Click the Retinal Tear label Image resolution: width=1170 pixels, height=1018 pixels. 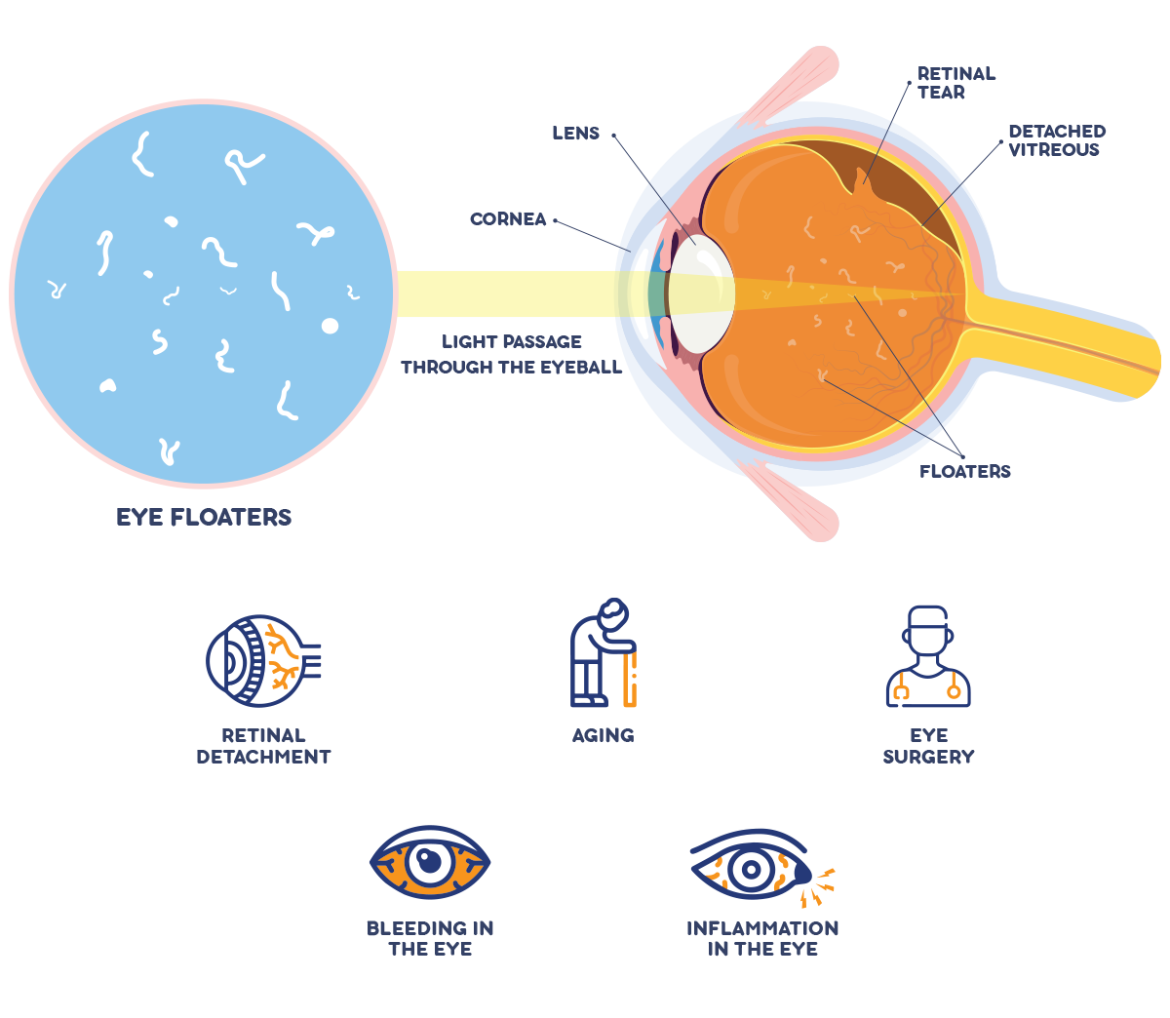955,83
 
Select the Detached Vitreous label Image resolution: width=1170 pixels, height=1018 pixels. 1056,140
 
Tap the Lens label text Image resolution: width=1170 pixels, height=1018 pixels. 575,134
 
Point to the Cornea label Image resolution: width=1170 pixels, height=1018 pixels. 508,219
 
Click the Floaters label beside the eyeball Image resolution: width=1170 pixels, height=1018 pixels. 964,472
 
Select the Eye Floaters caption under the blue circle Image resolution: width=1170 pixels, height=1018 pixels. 204,518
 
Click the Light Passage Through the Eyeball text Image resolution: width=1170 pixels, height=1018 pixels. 511,355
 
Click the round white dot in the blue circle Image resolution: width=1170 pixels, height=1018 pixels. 331,326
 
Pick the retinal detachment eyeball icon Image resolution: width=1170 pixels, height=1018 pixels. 261,660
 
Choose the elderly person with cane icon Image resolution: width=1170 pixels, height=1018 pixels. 603,653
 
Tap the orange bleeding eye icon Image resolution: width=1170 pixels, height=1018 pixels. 429,863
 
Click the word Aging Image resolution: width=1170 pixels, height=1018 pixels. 603,735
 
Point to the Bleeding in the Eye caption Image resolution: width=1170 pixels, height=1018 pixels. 430,938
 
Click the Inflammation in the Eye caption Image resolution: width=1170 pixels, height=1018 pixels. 762,938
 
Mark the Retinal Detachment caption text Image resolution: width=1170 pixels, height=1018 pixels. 263,746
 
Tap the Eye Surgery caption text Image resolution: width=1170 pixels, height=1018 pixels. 928,746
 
